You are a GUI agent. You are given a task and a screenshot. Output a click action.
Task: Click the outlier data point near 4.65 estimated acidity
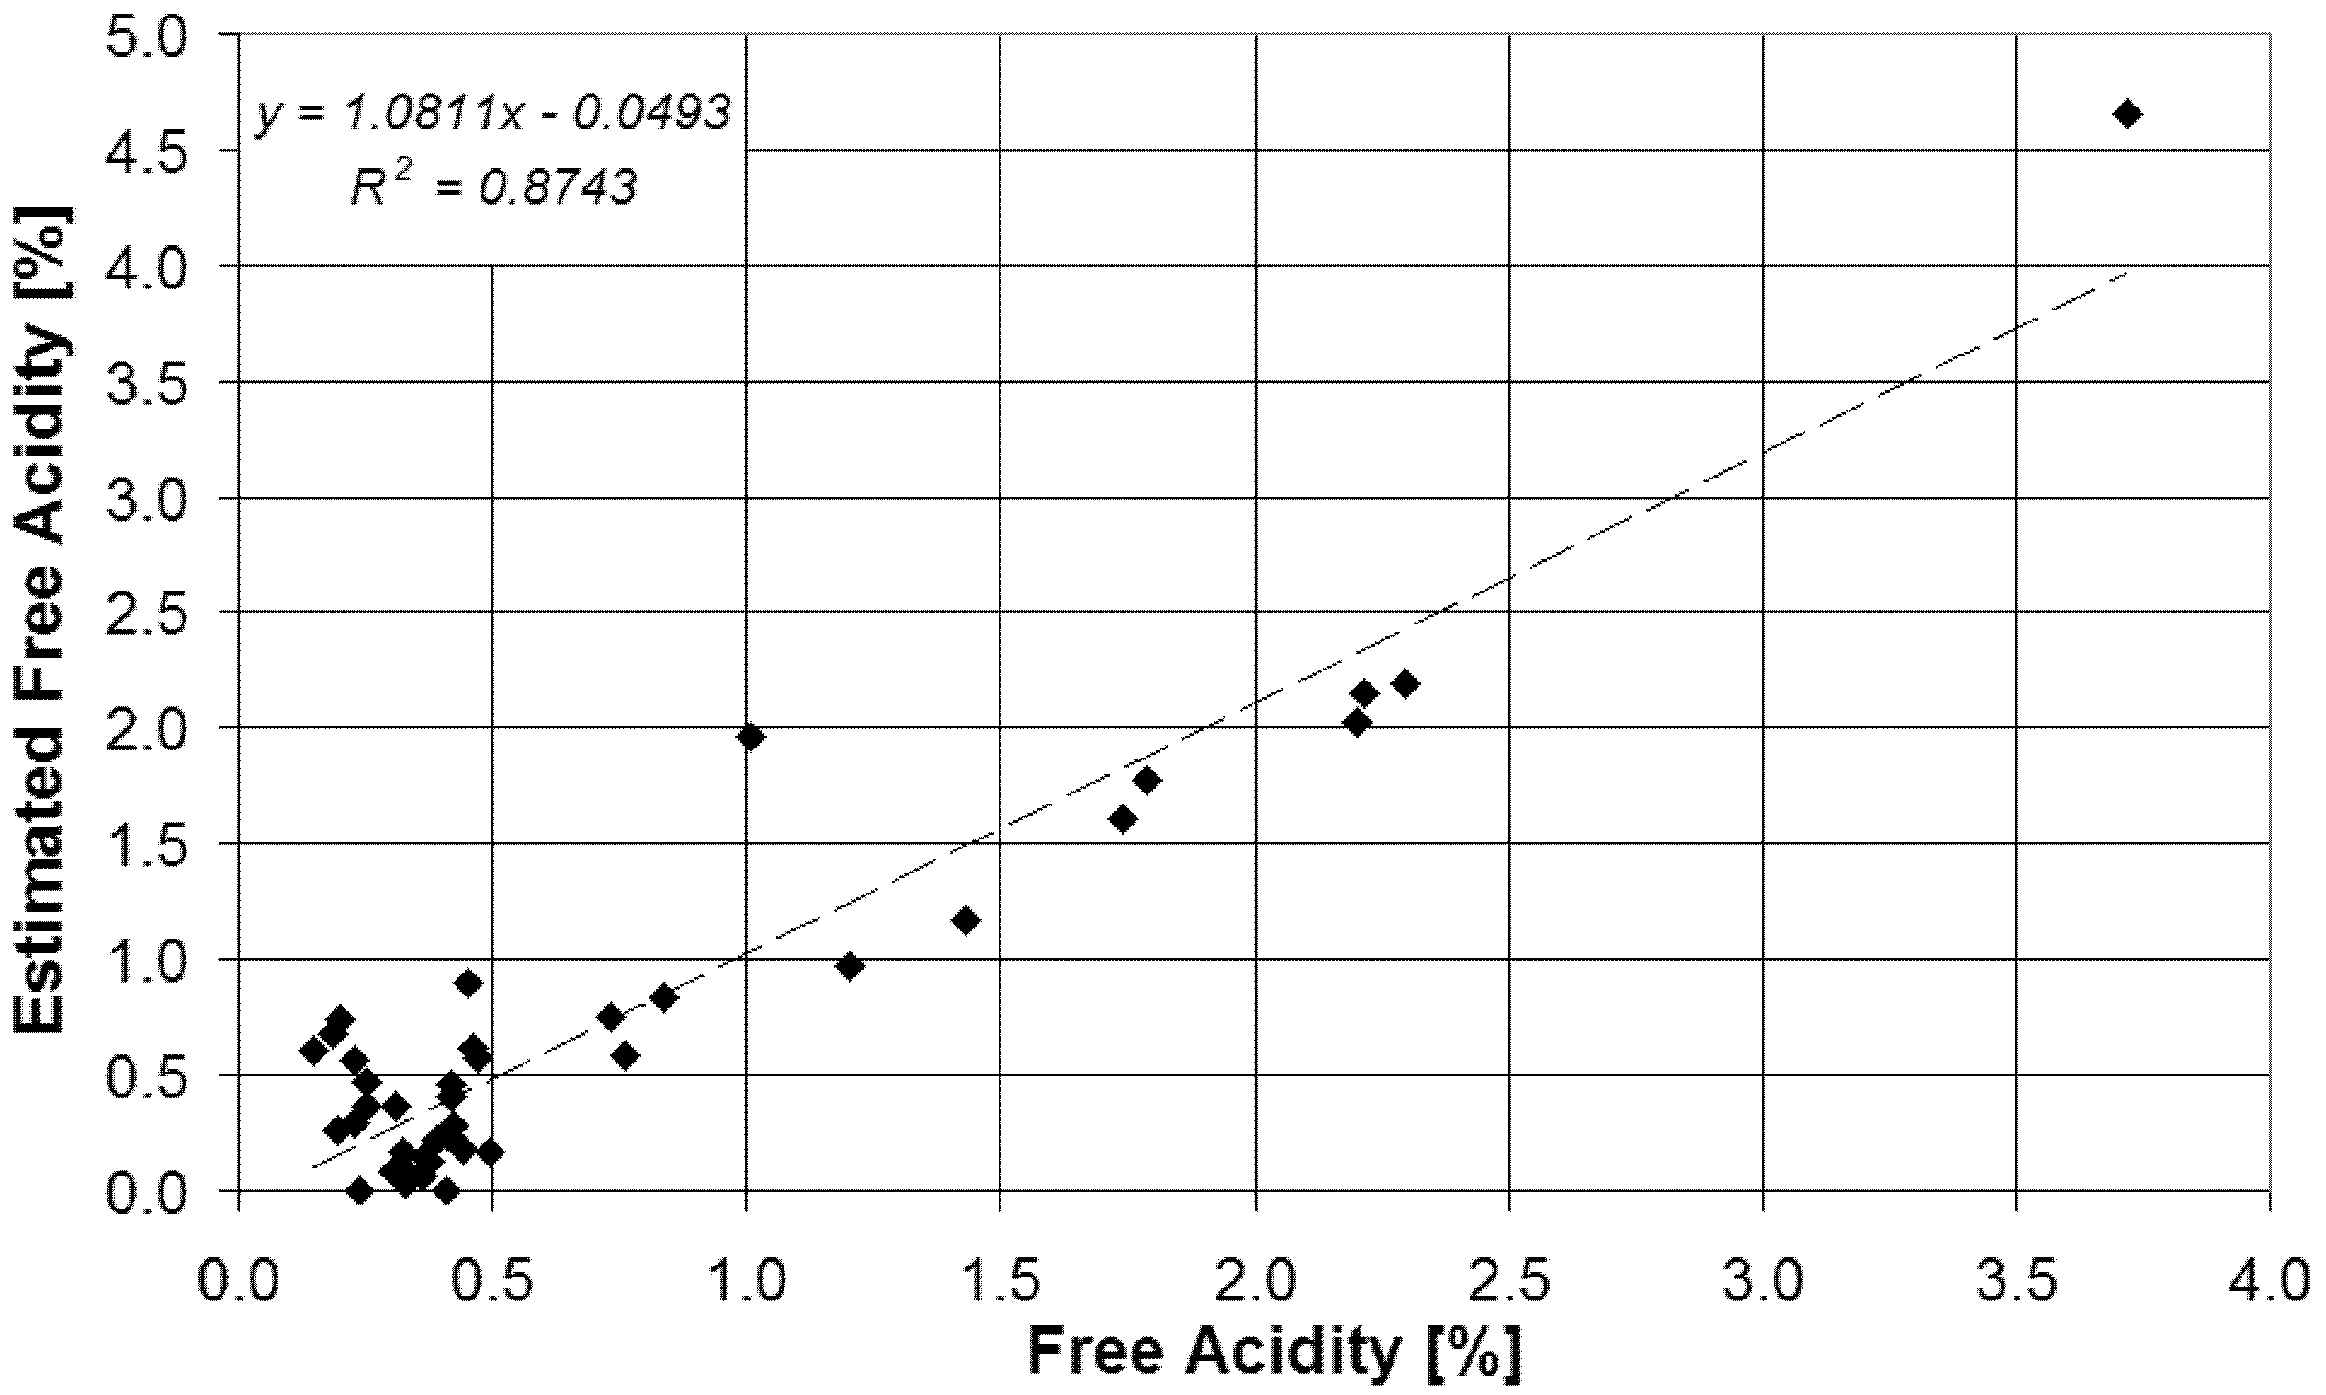pos(2128,114)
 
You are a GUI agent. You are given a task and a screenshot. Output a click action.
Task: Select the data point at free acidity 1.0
pos(751,737)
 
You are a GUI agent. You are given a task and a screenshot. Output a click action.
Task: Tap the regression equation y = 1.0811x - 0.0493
pos(492,115)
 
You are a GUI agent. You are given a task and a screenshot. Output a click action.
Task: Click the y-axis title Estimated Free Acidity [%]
pos(42,621)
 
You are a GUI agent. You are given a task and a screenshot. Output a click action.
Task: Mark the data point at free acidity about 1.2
pos(850,966)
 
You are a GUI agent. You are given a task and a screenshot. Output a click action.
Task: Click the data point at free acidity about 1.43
pos(965,920)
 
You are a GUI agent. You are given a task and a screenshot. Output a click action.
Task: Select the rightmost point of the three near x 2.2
pos(1405,683)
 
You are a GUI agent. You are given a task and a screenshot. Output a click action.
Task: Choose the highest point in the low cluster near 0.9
pos(469,984)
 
